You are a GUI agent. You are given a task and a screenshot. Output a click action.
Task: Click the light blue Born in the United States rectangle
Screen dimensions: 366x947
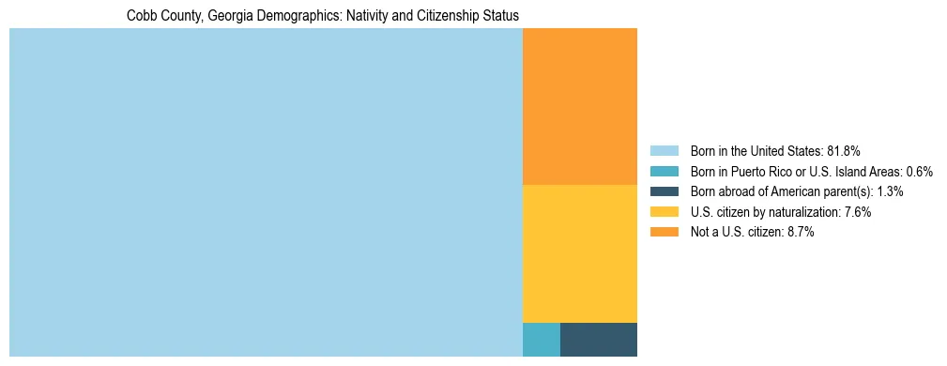[266, 192]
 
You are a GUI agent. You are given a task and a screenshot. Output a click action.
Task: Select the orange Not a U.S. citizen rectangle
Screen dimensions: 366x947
[579, 106]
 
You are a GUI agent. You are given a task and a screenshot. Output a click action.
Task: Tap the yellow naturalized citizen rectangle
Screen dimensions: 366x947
[579, 253]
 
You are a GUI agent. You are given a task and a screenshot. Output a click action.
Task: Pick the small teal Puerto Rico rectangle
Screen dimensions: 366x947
[541, 339]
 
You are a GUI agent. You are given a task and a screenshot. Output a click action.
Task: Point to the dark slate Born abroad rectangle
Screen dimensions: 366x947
[598, 339]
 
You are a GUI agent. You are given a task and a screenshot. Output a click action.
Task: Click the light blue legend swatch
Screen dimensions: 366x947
[664, 150]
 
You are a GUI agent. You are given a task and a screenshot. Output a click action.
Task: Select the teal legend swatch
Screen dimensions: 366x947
[664, 171]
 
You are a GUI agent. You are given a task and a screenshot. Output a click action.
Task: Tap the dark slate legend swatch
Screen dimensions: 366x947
[664, 191]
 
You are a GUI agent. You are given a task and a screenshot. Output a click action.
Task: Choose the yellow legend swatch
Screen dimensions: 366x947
[664, 212]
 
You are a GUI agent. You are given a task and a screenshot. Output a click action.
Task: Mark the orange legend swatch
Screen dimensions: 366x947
[664, 233]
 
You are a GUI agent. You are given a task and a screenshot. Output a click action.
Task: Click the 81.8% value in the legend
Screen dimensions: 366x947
[844, 150]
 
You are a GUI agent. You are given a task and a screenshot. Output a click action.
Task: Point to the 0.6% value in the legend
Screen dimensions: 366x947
[919, 171]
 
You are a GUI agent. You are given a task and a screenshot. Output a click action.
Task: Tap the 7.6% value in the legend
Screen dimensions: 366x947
[857, 212]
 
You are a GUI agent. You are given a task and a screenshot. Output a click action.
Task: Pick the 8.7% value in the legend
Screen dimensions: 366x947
[800, 233]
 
